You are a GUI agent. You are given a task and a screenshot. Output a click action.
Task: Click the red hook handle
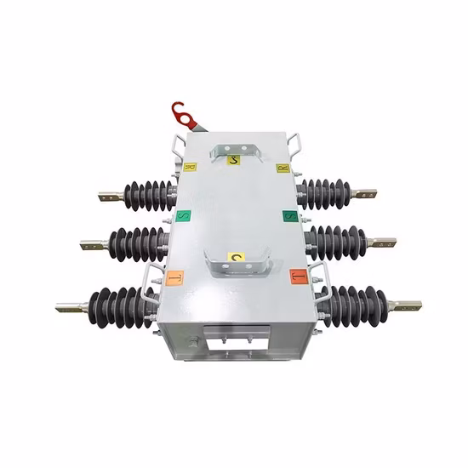pyautogui.click(x=181, y=111)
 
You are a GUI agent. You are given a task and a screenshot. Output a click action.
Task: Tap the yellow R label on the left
pyautogui.click(x=190, y=168)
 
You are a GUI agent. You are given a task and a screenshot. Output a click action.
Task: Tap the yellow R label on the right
pyautogui.click(x=283, y=168)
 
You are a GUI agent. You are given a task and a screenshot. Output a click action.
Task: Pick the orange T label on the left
pyautogui.click(x=174, y=277)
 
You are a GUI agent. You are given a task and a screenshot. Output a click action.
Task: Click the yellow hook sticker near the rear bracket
pyautogui.click(x=237, y=158)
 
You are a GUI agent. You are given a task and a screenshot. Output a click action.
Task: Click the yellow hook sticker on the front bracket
pyautogui.click(x=237, y=257)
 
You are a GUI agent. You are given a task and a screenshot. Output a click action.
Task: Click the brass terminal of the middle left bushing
pyautogui.click(x=91, y=245)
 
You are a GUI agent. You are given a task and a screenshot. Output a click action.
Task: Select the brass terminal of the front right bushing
pyautogui.click(x=405, y=304)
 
